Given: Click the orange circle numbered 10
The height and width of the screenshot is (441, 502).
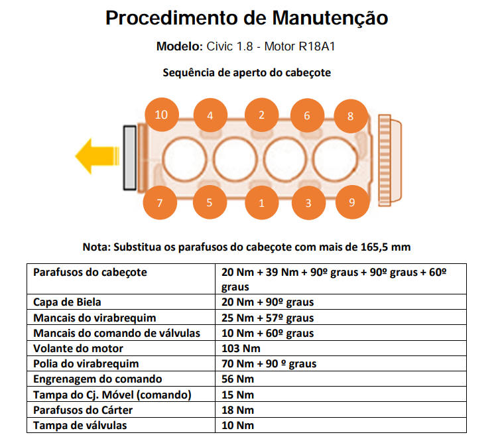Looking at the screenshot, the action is tap(162, 115).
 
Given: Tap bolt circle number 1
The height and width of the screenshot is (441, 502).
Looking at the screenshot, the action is tap(261, 203).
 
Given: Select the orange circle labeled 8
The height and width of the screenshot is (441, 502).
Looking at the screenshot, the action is tap(351, 116).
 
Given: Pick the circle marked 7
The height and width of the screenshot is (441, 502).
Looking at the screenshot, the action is tap(160, 202).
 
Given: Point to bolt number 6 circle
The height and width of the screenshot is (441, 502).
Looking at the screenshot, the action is tap(307, 115).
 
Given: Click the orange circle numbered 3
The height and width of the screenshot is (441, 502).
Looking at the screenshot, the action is tap(308, 203).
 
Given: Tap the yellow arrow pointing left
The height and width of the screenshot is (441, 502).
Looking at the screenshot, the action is tap(97, 156).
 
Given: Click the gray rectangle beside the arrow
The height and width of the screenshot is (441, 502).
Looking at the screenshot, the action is tap(130, 158).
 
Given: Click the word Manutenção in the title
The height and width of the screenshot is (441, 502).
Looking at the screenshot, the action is tap(330, 18).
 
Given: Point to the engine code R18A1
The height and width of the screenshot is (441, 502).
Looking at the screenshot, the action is tap(317, 46).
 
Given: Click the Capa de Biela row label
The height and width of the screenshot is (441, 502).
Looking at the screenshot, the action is tap(67, 302).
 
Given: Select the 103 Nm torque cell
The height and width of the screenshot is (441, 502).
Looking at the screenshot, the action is tap(241, 348).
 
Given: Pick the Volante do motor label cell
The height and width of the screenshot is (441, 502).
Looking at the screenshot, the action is tap(78, 348).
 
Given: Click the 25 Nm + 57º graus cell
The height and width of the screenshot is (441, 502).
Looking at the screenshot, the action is tap(267, 318).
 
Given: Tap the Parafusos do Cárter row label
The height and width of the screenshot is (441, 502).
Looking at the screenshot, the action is tap(83, 410).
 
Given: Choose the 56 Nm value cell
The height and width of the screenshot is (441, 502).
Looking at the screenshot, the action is tap(237, 379).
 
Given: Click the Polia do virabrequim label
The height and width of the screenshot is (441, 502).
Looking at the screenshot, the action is tap(86, 364).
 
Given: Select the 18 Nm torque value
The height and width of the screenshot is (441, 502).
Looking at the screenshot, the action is tap(237, 410).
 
